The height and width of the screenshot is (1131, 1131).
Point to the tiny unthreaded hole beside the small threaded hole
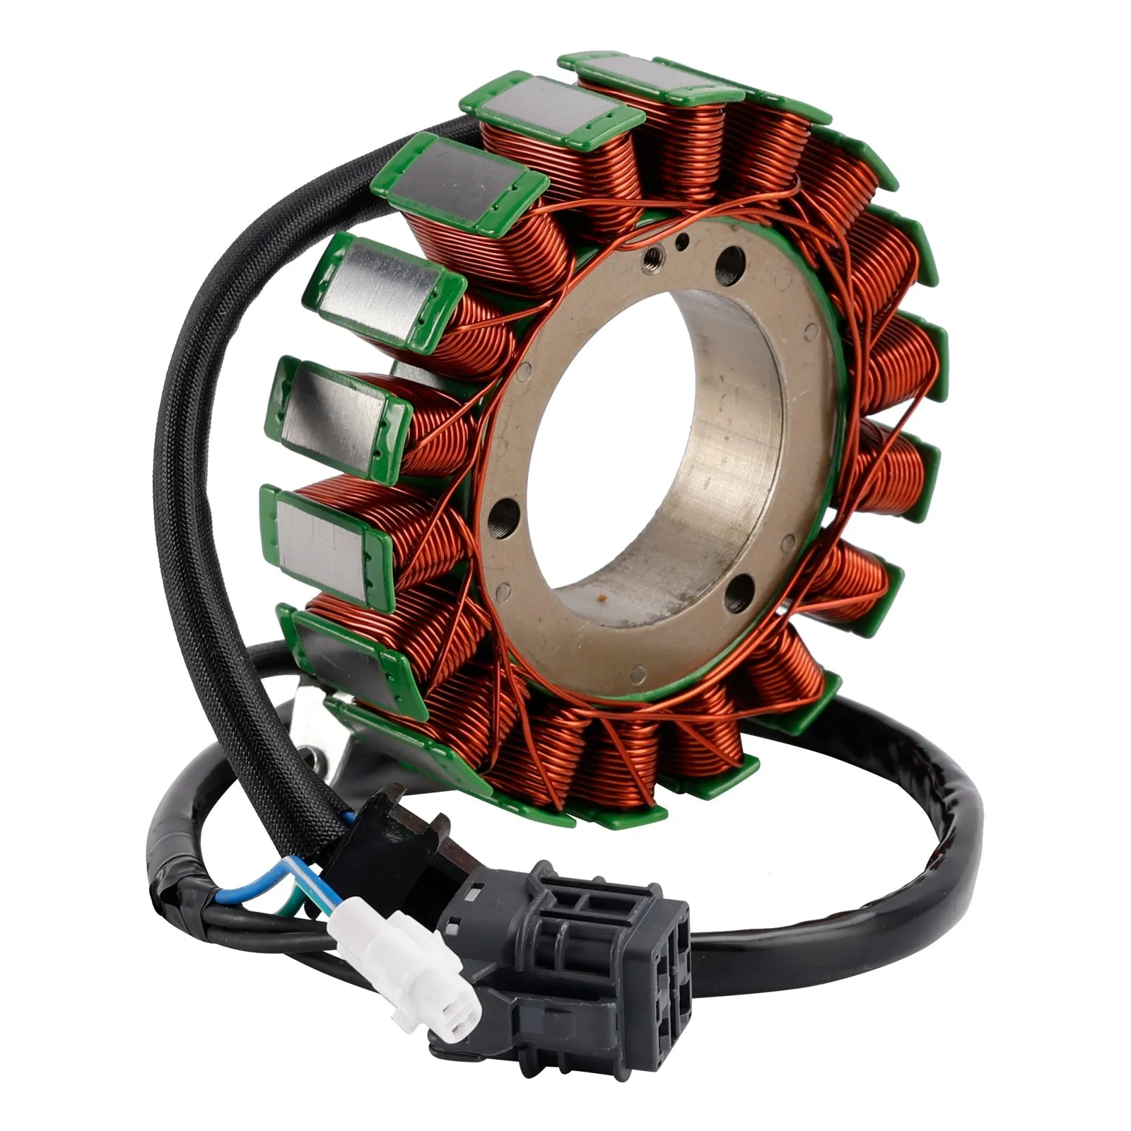point(681,243)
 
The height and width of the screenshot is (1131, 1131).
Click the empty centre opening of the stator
point(636,459)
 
